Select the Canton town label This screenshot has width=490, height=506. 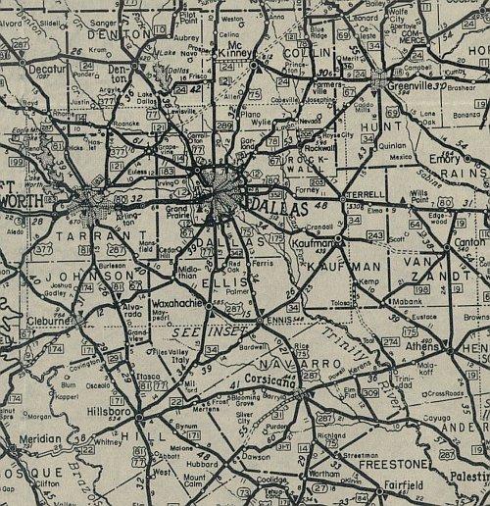click(x=464, y=243)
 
